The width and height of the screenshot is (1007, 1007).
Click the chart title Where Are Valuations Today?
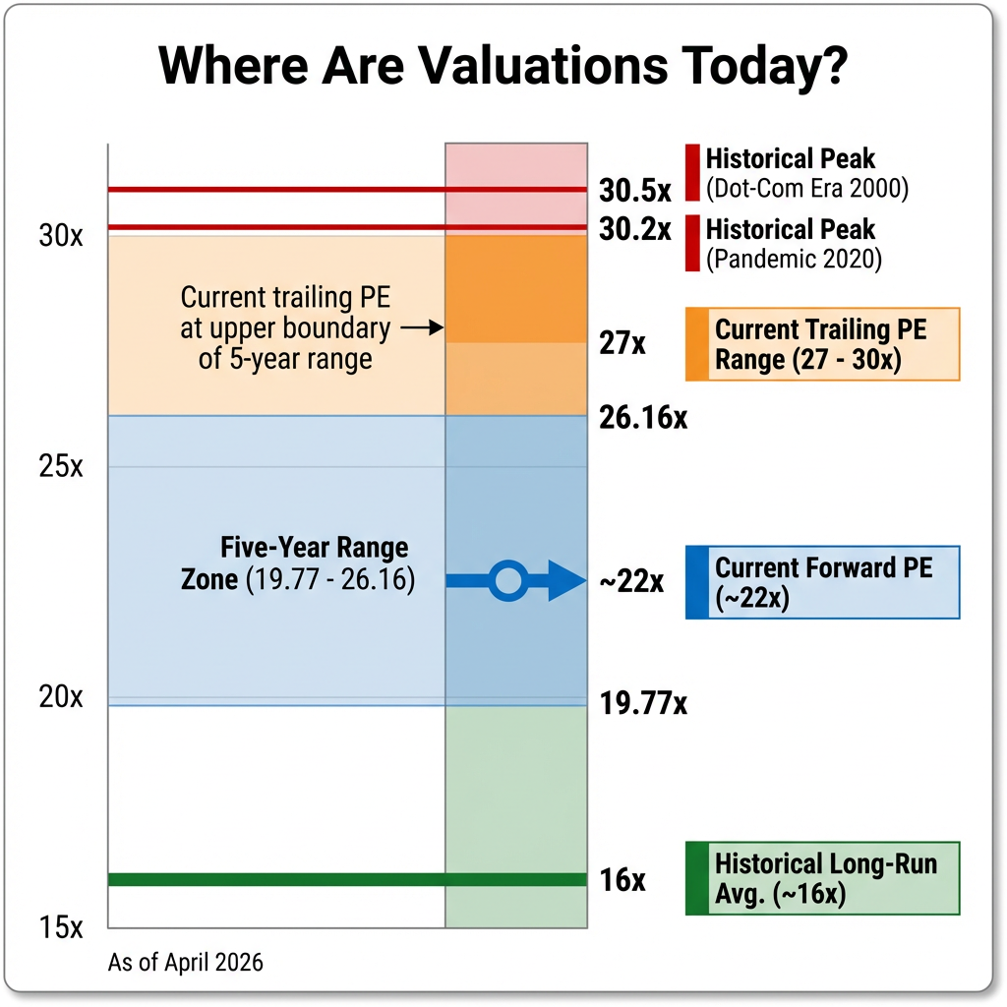[503, 67]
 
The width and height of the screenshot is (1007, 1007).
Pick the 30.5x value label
[635, 190]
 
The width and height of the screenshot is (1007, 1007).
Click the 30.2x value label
[635, 229]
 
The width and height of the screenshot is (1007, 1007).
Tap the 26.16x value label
[643, 417]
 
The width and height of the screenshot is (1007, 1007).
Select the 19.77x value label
[643, 704]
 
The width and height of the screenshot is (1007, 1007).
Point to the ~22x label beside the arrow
[631, 582]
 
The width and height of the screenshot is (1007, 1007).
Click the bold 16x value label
[622, 880]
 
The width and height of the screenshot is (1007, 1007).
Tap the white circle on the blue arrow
[507, 581]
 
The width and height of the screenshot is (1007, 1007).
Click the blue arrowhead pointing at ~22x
[565, 581]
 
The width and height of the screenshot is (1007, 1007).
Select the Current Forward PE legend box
[822, 582]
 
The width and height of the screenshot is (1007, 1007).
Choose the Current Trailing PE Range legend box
[822, 343]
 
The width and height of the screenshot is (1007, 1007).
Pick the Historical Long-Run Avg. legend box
[822, 879]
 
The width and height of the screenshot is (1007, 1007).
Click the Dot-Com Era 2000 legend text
[806, 187]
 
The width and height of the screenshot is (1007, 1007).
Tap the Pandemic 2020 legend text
[794, 260]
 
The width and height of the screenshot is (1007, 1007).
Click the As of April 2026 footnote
[185, 962]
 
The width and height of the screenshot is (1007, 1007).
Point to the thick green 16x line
[275, 879]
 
